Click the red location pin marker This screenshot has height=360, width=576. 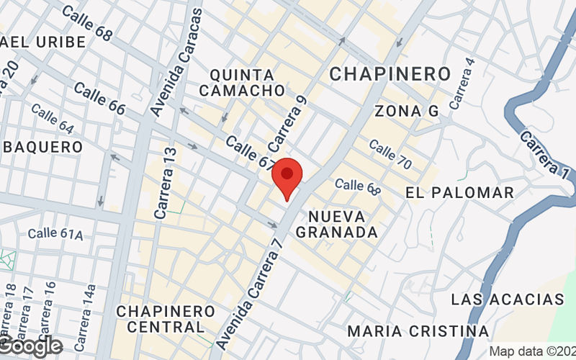coord(287,177)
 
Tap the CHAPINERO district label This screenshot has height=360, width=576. coord(390,73)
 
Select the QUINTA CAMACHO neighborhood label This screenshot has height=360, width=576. coord(242,83)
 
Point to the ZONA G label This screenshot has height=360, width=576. coord(406,111)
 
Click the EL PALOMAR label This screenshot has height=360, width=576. coord(459,193)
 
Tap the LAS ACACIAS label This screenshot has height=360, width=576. coord(507,299)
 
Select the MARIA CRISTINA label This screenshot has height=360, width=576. coord(418,331)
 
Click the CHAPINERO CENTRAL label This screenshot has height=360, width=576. coord(166,319)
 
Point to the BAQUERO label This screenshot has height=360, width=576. coord(43,146)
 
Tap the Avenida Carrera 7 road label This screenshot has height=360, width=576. coord(258,281)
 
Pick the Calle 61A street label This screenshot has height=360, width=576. coord(55,234)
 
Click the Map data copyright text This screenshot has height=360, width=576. coord(532,351)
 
